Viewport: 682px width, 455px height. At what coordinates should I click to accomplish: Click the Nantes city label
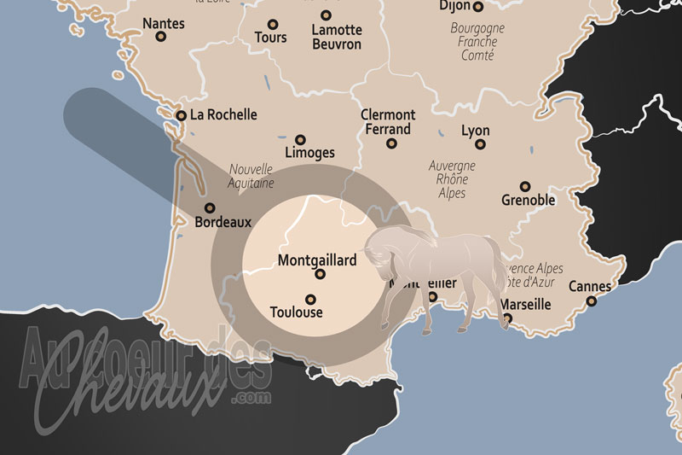coord(163,24)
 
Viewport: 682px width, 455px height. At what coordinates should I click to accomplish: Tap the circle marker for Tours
coord(273,25)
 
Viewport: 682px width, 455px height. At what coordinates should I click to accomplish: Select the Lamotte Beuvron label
coord(336,37)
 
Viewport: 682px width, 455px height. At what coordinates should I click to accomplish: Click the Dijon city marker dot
coord(478,7)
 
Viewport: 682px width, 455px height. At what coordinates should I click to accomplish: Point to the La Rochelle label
coord(223,114)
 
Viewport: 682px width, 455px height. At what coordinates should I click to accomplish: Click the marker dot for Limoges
coord(300,139)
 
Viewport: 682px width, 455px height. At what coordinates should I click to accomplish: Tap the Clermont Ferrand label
coord(387,122)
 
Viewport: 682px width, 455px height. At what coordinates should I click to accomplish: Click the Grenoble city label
coord(529,200)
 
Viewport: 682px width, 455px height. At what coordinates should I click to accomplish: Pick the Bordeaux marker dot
coord(210,207)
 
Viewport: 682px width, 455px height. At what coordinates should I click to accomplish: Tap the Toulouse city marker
coord(310,299)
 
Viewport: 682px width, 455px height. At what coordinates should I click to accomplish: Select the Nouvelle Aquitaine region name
coord(251,176)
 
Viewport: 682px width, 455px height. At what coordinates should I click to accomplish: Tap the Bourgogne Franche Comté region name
coord(477,41)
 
